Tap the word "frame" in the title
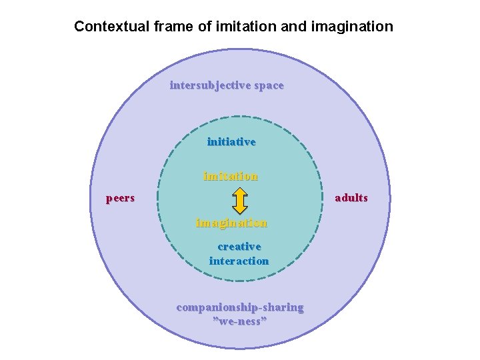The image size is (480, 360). (x=165, y=27)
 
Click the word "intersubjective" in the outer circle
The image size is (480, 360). (x=211, y=85)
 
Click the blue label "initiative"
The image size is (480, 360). (x=231, y=141)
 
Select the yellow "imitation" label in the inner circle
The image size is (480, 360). (x=231, y=177)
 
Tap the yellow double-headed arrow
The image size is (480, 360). (x=241, y=199)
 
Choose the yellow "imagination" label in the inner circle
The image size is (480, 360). (x=231, y=223)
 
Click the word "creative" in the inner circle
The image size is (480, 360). (x=239, y=247)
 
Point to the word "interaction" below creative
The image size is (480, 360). (x=239, y=261)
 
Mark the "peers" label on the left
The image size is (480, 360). (x=121, y=198)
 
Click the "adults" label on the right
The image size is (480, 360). (x=351, y=198)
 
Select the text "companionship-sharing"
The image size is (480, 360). (x=240, y=307)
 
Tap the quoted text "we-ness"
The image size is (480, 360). (x=240, y=321)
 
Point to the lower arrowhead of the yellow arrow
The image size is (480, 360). (x=241, y=209)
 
